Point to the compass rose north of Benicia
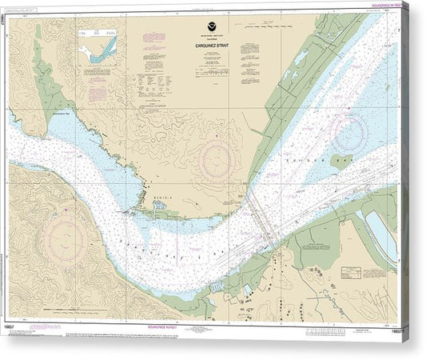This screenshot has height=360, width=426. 216,158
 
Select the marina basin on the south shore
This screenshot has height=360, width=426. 217,286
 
